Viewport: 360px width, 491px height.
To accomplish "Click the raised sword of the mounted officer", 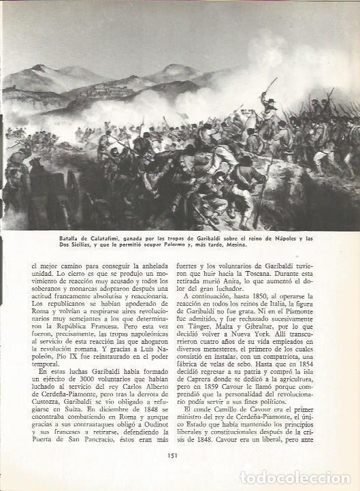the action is pos(272,84).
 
